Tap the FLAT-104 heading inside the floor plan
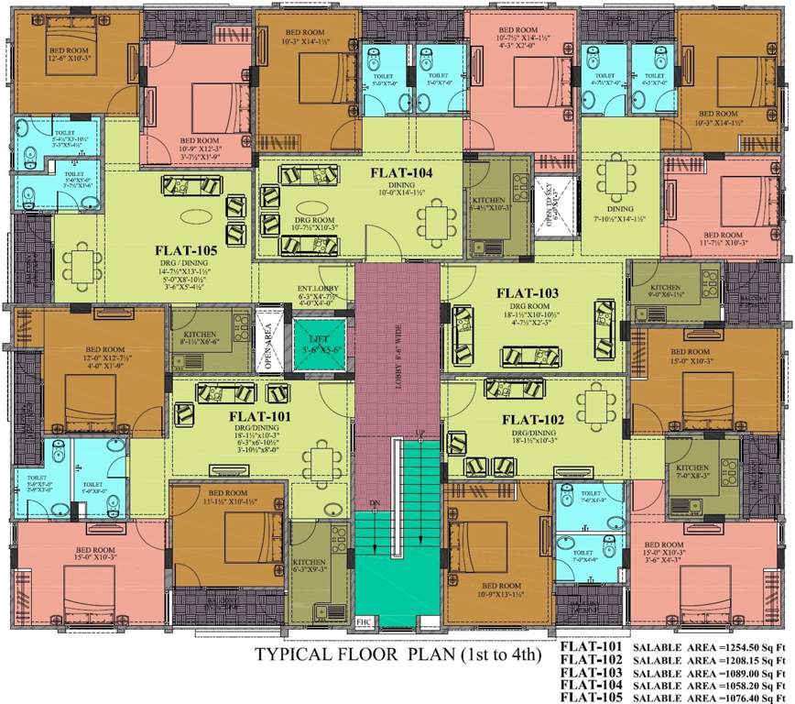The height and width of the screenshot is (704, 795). [401, 172]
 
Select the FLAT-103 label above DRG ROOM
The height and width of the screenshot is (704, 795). [527, 293]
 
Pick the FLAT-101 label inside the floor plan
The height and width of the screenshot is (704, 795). [260, 415]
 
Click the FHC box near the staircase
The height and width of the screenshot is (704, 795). [365, 620]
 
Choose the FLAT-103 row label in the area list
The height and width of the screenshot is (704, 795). [591, 672]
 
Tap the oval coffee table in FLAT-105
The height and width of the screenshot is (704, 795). [196, 217]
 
